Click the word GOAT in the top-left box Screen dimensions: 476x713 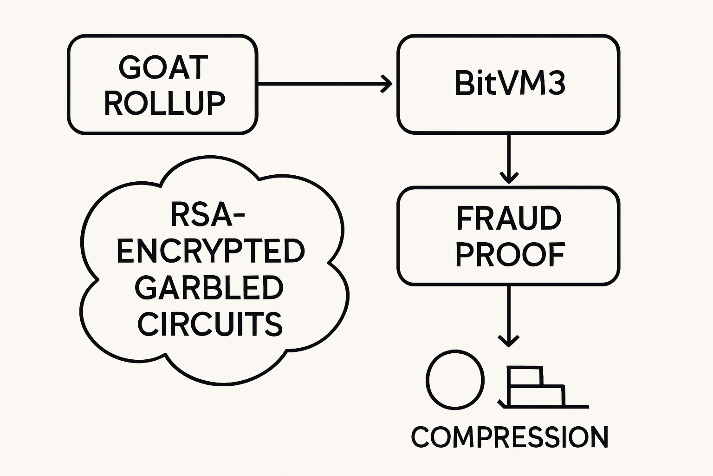(162, 68)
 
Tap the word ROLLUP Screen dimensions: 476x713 (164, 103)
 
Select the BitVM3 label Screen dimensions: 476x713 (509, 84)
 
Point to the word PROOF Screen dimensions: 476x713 (509, 255)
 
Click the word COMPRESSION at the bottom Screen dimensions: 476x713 (509, 437)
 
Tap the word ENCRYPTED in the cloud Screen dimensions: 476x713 (210, 251)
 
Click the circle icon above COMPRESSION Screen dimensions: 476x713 (455, 379)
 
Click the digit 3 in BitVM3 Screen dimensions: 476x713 (555, 84)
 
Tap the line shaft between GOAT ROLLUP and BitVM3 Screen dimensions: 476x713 (320, 84)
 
